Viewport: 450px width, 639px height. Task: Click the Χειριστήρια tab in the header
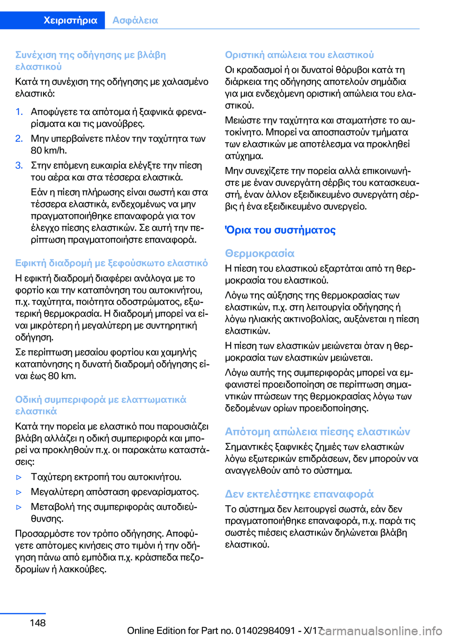click(x=70, y=20)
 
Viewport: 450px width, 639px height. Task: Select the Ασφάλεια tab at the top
click(x=135, y=20)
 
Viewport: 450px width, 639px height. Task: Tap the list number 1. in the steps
click(x=19, y=112)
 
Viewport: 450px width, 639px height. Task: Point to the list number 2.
click(x=19, y=138)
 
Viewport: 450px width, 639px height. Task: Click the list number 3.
click(x=19, y=165)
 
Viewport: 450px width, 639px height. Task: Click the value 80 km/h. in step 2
click(x=49, y=151)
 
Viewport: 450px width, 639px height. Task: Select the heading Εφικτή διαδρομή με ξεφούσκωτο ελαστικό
click(x=112, y=263)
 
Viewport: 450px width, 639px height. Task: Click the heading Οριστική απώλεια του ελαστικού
click(x=300, y=55)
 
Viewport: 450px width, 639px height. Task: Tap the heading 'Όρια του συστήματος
click(x=280, y=230)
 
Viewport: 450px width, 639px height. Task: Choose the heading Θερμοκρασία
click(x=260, y=253)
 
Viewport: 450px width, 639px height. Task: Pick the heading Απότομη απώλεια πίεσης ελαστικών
click(x=317, y=432)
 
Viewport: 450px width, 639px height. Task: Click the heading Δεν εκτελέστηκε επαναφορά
click(x=299, y=494)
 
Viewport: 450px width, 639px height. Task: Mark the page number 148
click(x=37, y=623)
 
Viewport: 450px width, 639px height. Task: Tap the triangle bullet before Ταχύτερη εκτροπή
click(x=19, y=477)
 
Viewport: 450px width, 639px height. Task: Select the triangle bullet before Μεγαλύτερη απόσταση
click(x=19, y=492)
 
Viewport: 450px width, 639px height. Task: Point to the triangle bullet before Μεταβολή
click(x=19, y=507)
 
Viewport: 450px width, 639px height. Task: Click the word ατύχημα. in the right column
click(x=244, y=156)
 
